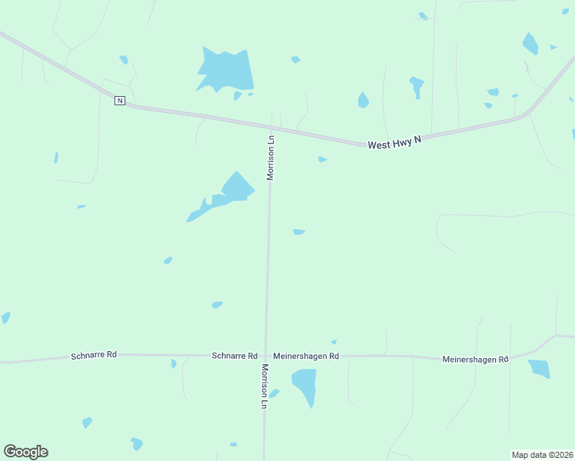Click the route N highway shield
coord(119,101)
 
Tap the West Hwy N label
coord(394,142)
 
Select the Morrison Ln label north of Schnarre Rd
coord(271,158)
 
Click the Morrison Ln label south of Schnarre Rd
coord(264,386)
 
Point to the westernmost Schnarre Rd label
coord(94,355)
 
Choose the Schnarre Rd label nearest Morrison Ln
coord(234,356)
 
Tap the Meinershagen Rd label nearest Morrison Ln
coord(306,356)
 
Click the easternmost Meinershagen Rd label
coord(475,359)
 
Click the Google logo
coord(25,452)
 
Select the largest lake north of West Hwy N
coord(226,71)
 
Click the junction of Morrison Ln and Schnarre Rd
coord(266,356)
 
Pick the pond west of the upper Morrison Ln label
coord(231,192)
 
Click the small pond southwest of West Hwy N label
coord(322,159)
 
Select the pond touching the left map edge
coord(5,317)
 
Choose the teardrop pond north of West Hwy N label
coord(363,100)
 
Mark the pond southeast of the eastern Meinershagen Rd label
coord(540,369)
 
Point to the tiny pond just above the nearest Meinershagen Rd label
coord(334,342)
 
